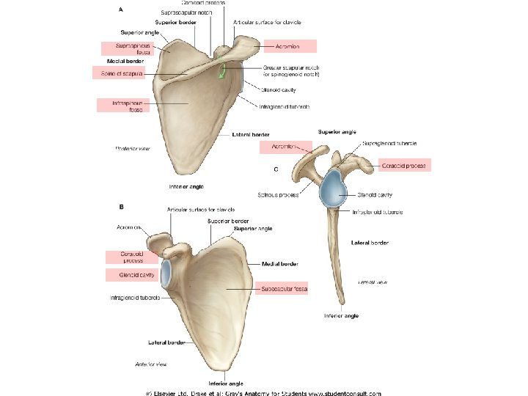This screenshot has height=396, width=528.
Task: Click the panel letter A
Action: (x=120, y=10)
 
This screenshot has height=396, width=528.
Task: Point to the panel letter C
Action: (x=276, y=169)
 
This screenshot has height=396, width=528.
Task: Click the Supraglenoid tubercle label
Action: (x=389, y=144)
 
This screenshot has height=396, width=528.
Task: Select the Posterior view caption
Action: (x=133, y=149)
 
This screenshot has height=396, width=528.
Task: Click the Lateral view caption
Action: (x=373, y=282)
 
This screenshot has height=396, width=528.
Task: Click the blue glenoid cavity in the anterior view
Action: (x=166, y=272)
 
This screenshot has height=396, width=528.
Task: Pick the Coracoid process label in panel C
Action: (x=403, y=166)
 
